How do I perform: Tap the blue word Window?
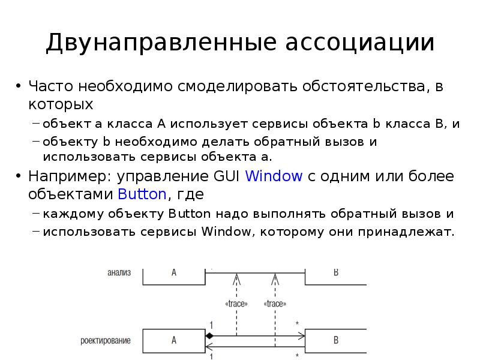point(274,176)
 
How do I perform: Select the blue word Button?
point(142,194)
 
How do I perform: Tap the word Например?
point(66,176)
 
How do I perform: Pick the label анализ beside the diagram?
point(119,272)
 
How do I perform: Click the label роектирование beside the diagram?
point(106,341)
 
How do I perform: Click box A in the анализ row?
point(174,272)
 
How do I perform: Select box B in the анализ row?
point(336,272)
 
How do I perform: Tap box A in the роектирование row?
point(174,340)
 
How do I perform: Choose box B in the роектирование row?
point(336,340)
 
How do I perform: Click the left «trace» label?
point(236,304)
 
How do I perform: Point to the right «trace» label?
point(275,304)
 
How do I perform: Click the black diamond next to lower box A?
point(209,336)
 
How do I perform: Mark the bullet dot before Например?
point(19,176)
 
